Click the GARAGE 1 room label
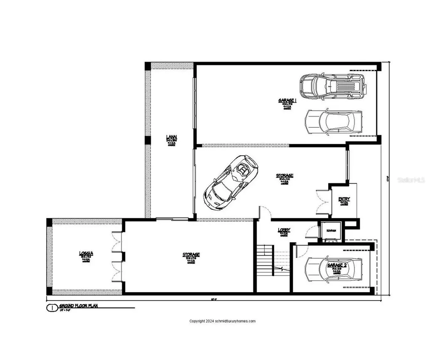(x=287, y=100)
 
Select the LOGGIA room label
(x=86, y=253)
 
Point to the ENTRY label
(x=344, y=199)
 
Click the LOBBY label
(x=284, y=230)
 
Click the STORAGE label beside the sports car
(x=285, y=176)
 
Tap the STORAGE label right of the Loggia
(x=191, y=255)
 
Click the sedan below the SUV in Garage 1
(x=333, y=122)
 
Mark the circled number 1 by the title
(x=52, y=308)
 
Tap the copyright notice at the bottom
(x=222, y=321)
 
